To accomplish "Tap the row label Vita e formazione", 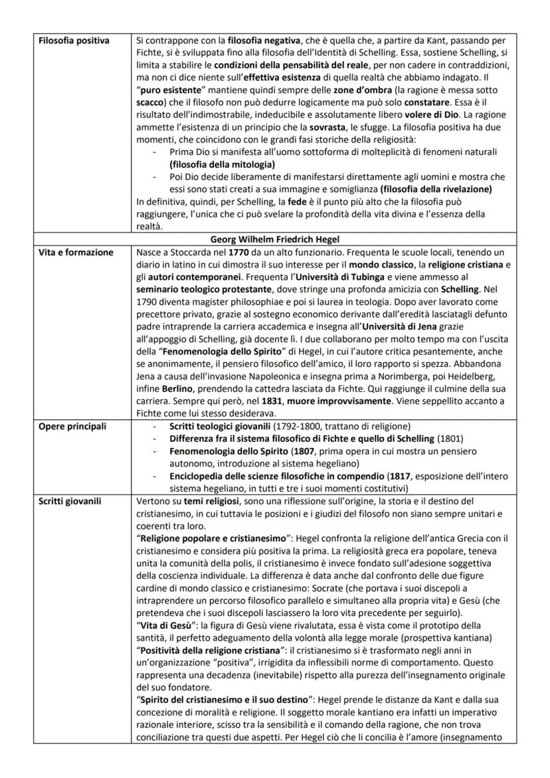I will pyautogui.click(x=75, y=252).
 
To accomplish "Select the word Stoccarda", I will pyautogui.click(x=191, y=252).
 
